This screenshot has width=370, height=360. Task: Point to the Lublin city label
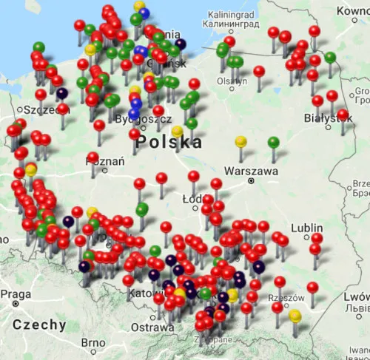(307, 228)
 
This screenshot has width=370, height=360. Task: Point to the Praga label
(16, 294)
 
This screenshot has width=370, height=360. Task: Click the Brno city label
(93, 343)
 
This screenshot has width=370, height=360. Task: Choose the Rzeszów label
(289, 297)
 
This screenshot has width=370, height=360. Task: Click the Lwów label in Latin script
(353, 297)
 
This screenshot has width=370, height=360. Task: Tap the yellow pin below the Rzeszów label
(295, 316)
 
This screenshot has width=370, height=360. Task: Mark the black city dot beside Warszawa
(252, 180)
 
